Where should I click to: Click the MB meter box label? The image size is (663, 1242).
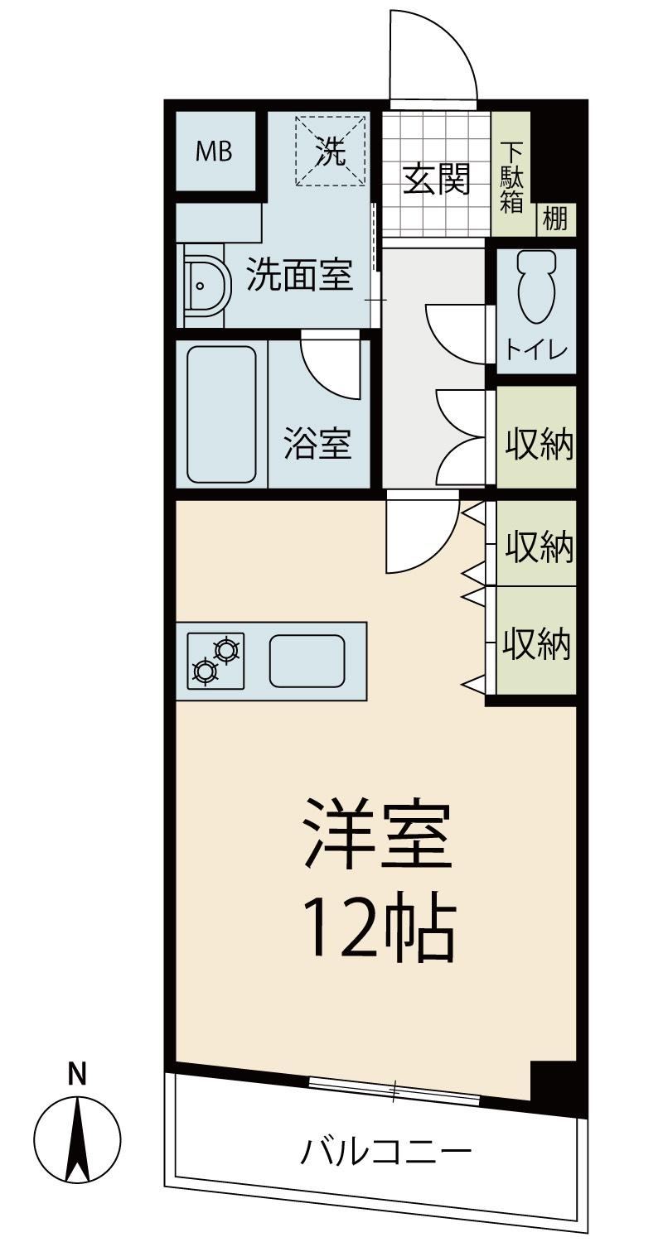pyautogui.click(x=214, y=151)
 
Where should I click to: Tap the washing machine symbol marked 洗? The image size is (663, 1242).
pyautogui.click(x=331, y=151)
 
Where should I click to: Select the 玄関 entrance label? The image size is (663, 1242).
pyautogui.click(x=436, y=179)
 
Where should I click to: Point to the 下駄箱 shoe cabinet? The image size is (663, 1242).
pyautogui.click(x=511, y=173)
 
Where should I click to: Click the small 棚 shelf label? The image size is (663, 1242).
pyautogui.click(x=554, y=219)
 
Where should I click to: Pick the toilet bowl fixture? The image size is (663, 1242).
pyautogui.click(x=536, y=286)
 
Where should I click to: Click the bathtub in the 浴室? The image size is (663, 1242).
pyautogui.click(x=221, y=414)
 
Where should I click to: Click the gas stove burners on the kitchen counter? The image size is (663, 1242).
pyautogui.click(x=215, y=661)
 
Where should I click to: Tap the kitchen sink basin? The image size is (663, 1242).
pyautogui.click(x=307, y=661)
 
